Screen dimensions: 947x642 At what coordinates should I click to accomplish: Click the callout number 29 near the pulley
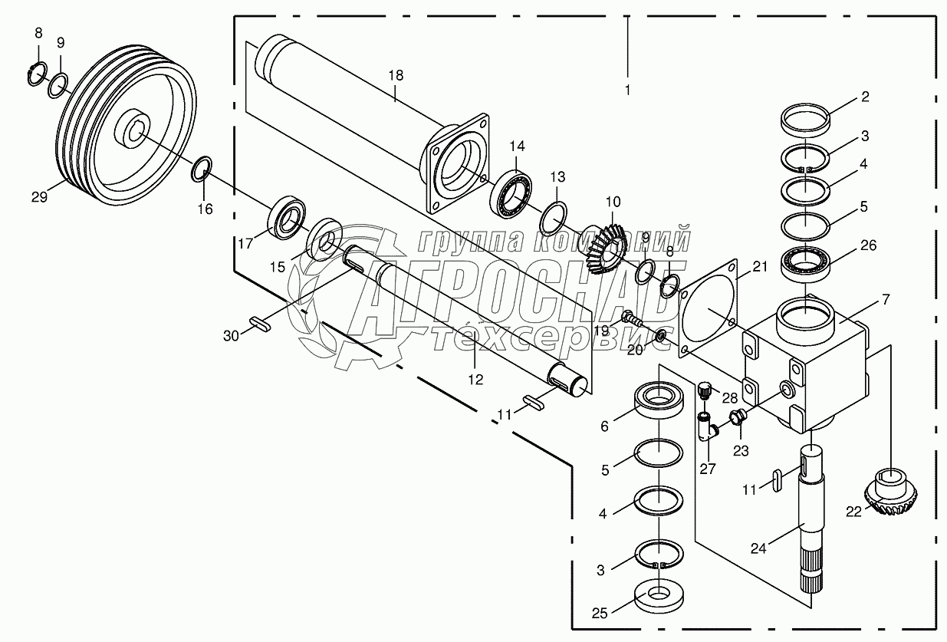coord(39,197)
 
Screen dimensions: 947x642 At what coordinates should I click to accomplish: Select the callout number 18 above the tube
coord(396,76)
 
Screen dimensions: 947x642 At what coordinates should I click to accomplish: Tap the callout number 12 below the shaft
coord(475,380)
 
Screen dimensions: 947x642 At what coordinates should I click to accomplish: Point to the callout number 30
coord(232,336)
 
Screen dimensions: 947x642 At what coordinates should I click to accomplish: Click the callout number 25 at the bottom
coord(600,613)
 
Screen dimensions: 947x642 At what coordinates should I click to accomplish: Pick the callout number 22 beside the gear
coord(853,512)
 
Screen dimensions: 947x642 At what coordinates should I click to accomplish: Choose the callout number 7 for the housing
coord(886,299)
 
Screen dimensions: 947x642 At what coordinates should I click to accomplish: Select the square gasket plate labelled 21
coord(708,309)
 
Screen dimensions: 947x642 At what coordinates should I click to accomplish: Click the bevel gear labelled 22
coord(890,497)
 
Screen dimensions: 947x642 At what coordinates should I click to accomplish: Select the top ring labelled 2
coord(805,120)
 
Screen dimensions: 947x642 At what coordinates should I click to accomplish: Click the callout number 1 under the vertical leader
coord(628,90)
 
